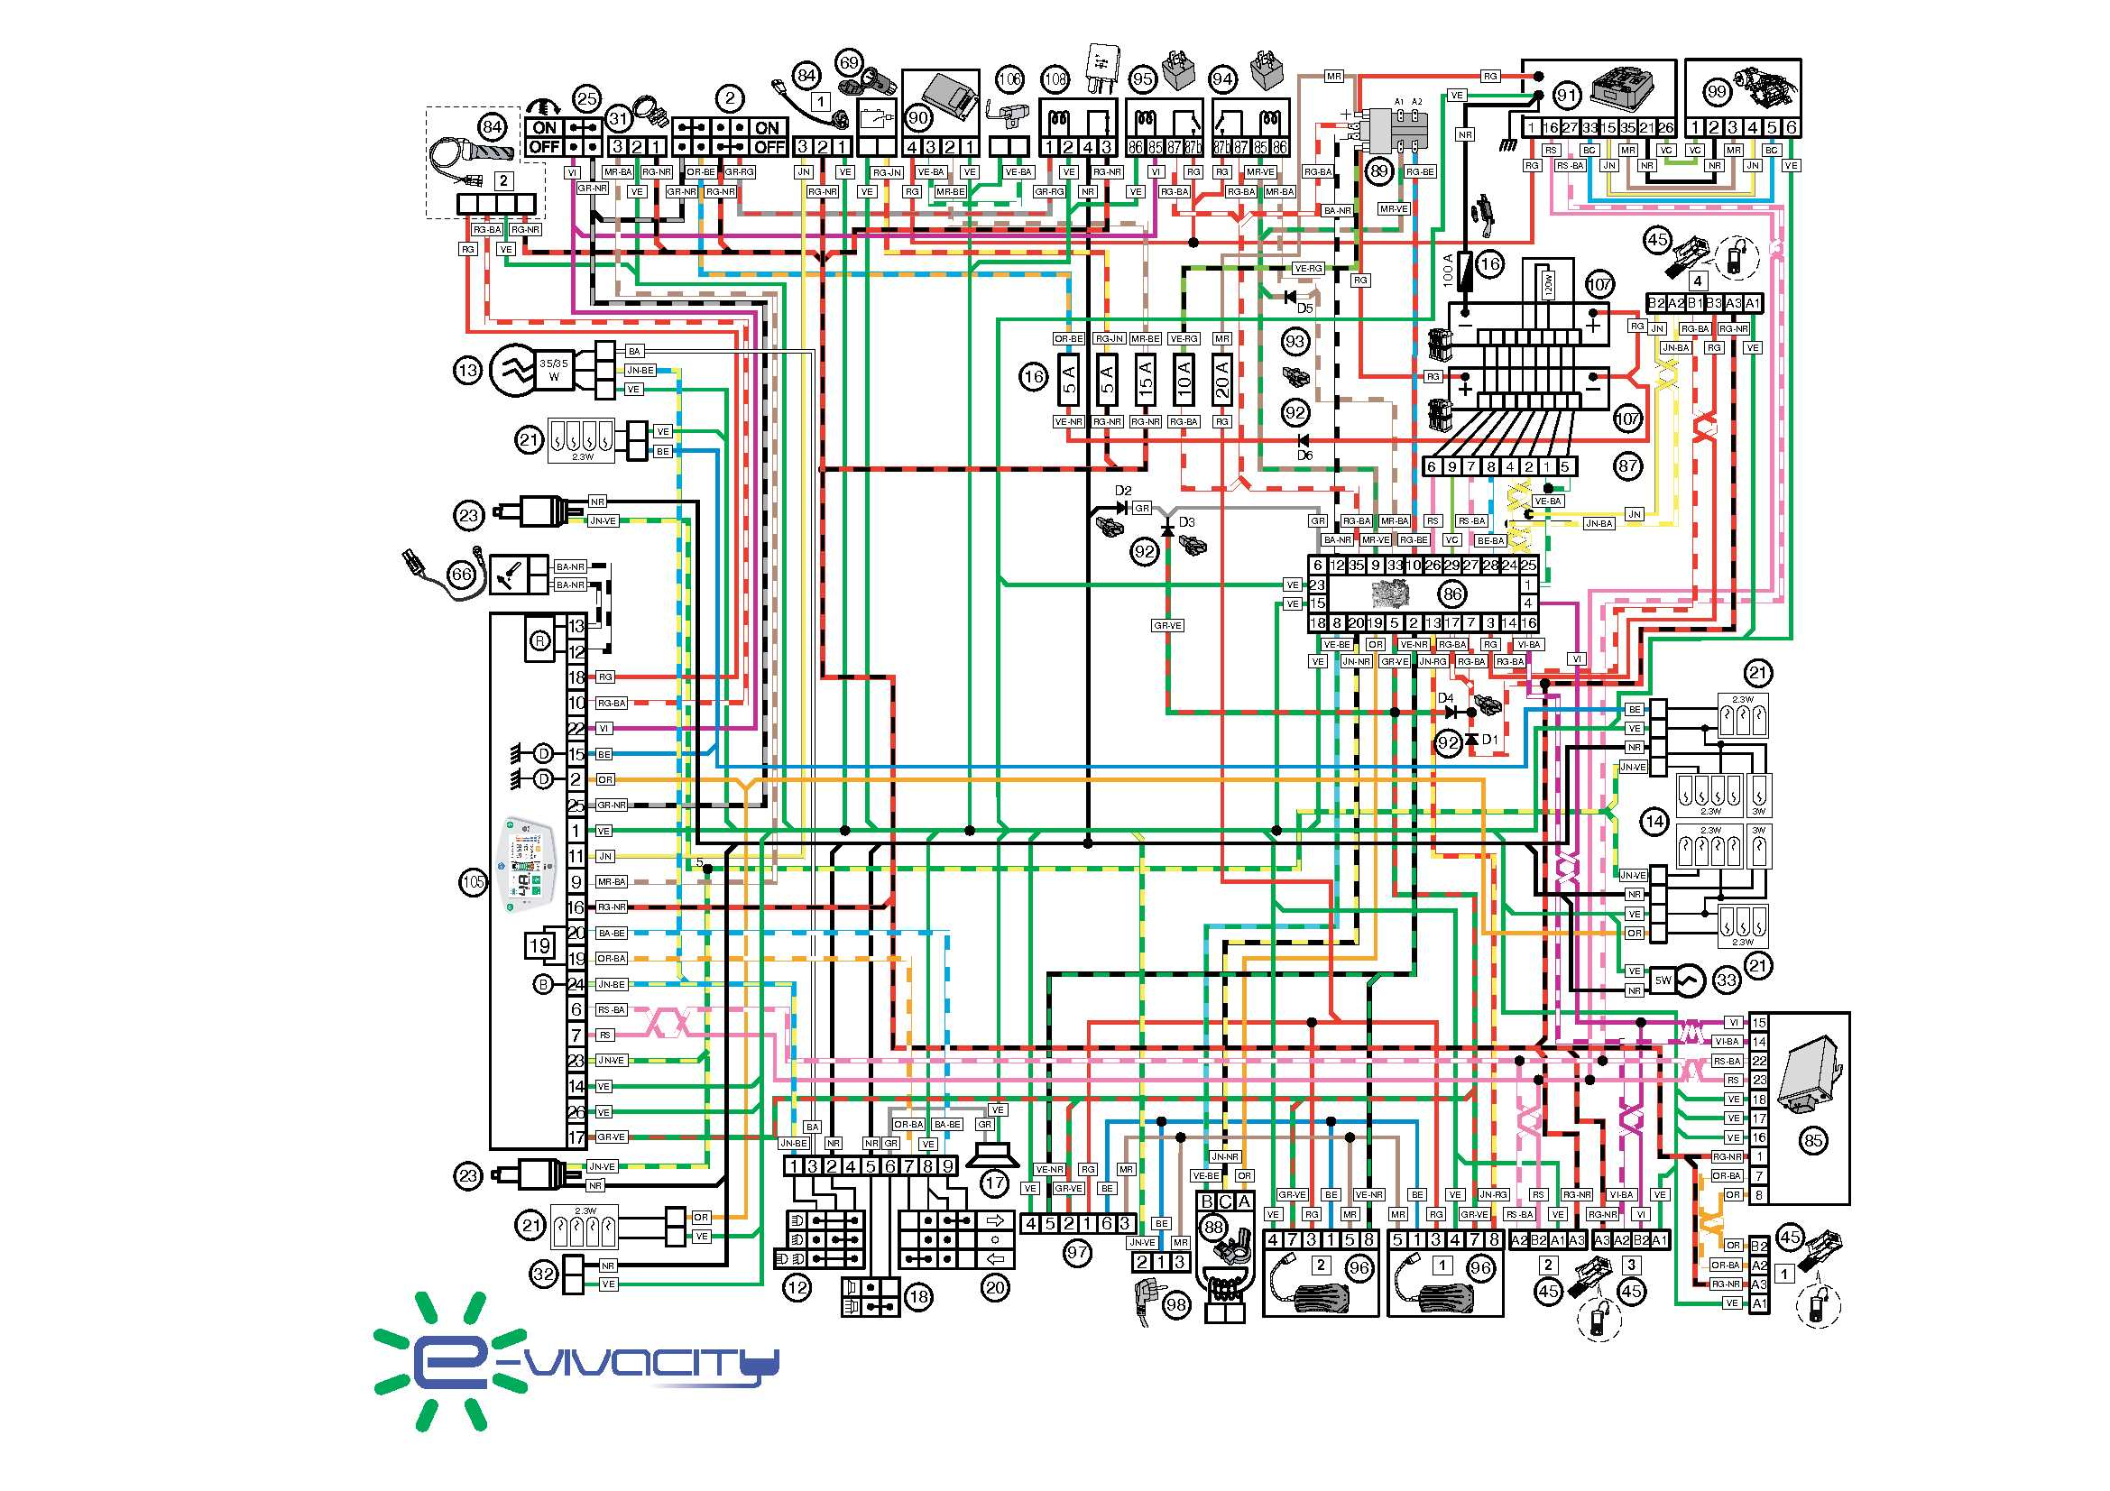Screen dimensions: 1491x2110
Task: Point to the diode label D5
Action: pos(1305,308)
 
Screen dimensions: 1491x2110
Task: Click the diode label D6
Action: pos(1305,456)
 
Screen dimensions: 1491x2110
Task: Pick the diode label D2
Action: pos(1123,491)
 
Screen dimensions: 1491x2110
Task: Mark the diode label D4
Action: pos(1444,698)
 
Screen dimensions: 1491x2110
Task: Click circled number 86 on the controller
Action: pos(1452,594)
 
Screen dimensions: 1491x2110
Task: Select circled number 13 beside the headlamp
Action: pos(468,370)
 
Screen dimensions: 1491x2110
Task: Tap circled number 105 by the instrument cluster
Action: pos(474,882)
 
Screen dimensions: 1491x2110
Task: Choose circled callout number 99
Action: pos(1717,92)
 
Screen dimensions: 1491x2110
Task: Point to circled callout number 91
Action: pos(1566,96)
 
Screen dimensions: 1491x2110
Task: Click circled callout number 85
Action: pos(1812,1141)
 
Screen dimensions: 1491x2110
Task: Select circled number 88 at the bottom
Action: pos(1214,1228)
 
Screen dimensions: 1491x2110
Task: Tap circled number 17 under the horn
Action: pos(995,1183)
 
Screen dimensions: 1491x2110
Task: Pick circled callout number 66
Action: pos(461,575)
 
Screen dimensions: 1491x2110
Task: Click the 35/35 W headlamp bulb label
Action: pos(553,370)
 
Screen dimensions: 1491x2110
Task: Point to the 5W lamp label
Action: pos(1663,980)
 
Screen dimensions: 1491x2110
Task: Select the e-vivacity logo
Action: pos(576,1361)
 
